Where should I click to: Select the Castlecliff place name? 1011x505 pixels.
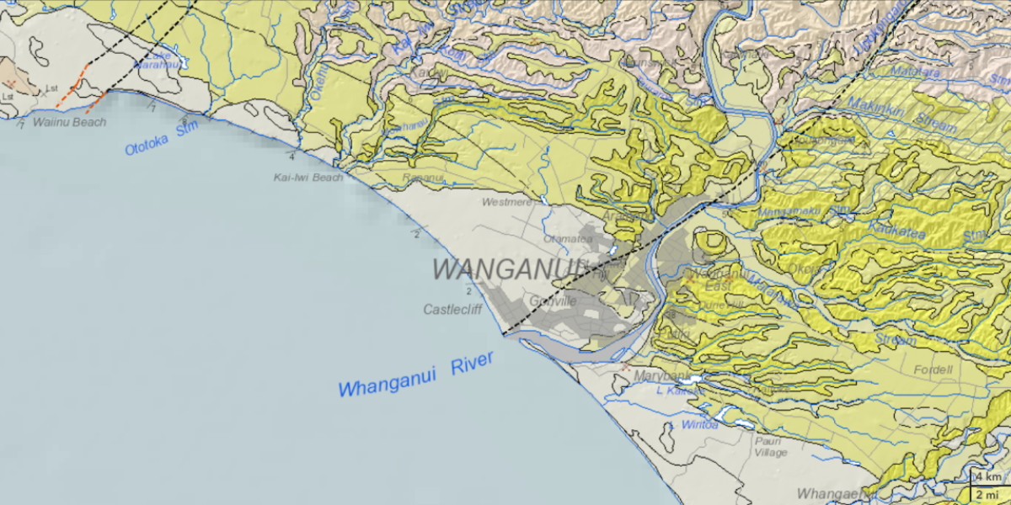[452, 310]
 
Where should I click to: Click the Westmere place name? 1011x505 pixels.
[506, 203]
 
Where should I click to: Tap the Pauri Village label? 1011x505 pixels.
[771, 446]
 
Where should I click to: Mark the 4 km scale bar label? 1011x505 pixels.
[990, 477]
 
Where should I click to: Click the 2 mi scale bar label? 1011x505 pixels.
[990, 494]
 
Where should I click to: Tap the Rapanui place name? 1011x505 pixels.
[422, 178]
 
